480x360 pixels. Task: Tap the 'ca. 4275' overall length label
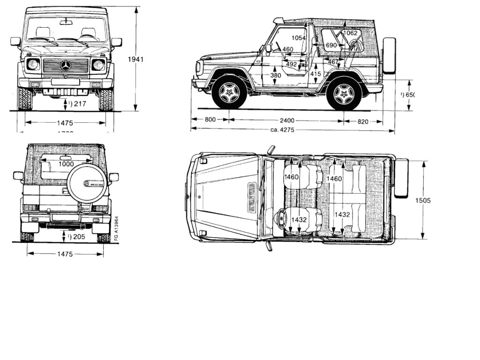click(x=282, y=130)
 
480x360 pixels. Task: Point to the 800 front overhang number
click(x=210, y=120)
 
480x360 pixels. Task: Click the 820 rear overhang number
click(x=362, y=121)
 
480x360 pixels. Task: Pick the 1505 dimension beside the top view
click(x=423, y=200)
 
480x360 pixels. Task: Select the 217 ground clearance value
click(x=79, y=104)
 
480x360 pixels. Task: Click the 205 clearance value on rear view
click(x=78, y=237)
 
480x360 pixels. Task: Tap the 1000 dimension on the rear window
click(x=66, y=164)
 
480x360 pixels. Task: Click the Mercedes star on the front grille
click(x=66, y=65)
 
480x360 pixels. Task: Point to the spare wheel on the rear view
click(x=88, y=184)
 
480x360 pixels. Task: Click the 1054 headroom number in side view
click(x=298, y=37)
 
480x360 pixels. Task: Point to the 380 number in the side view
click(x=276, y=75)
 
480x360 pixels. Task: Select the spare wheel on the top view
click(x=402, y=177)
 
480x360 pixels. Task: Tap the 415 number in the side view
click(x=315, y=74)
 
